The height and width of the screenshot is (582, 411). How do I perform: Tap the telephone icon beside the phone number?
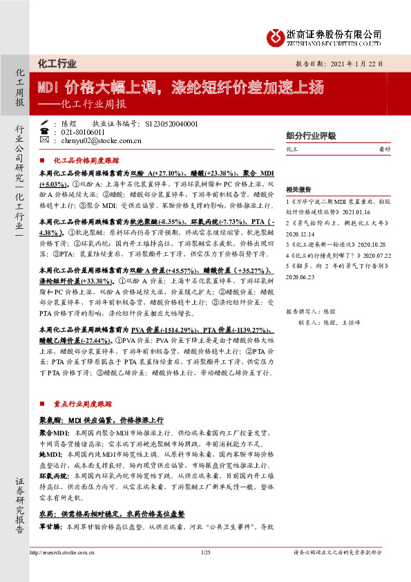click(x=44, y=131)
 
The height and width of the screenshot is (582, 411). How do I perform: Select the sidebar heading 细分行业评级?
click(x=311, y=135)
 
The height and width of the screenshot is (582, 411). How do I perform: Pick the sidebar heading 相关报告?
click(x=299, y=188)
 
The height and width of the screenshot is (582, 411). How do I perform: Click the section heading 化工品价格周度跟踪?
click(x=86, y=159)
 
